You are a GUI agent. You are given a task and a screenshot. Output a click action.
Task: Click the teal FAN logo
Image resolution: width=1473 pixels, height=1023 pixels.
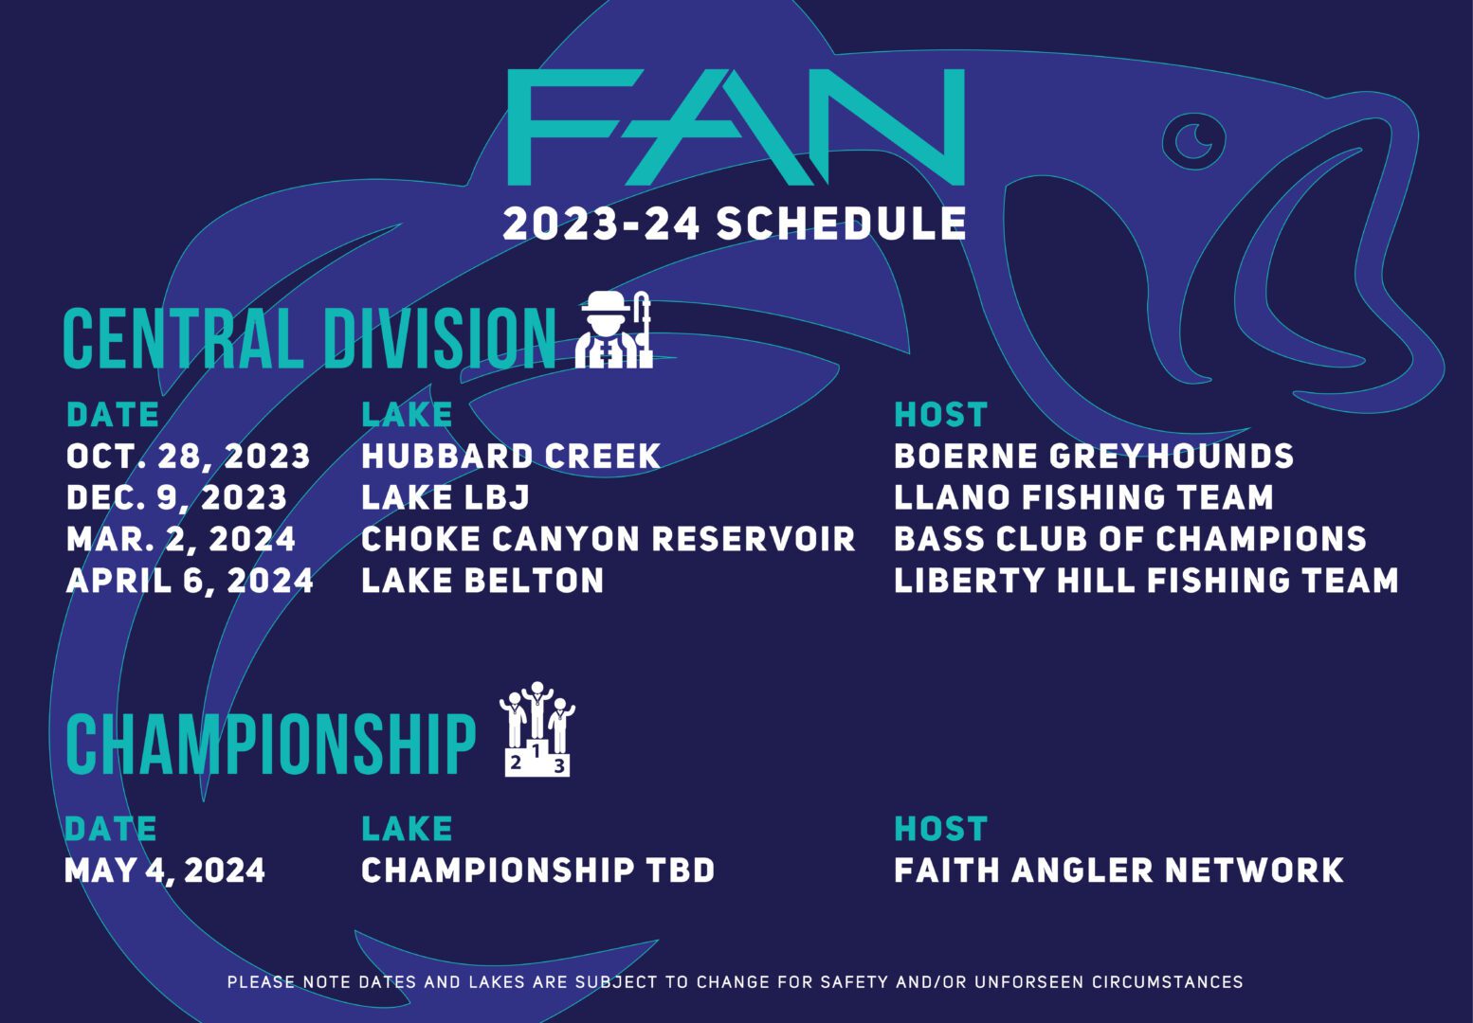pyautogui.click(x=736, y=127)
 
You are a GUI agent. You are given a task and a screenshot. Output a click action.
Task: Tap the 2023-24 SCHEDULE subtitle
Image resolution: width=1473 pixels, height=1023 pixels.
pyautogui.click(x=735, y=224)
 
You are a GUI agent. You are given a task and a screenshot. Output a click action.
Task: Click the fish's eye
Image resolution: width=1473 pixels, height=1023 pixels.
pyautogui.click(x=1193, y=140)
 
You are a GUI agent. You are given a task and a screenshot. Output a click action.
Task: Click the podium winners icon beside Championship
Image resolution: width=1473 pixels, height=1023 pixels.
pyautogui.click(x=537, y=728)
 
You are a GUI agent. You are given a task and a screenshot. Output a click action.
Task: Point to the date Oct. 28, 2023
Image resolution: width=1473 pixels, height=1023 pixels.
pyautogui.click(x=188, y=457)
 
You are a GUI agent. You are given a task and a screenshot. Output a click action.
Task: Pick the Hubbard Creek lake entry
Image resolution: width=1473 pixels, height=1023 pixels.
pyautogui.click(x=511, y=456)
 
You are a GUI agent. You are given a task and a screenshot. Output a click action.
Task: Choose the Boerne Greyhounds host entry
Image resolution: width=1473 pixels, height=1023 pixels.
pyautogui.click(x=1094, y=456)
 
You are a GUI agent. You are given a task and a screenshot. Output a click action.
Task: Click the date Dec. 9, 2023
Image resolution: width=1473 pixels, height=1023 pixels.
pyautogui.click(x=176, y=498)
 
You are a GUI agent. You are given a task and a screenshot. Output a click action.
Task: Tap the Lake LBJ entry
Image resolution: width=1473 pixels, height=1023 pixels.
pyautogui.click(x=446, y=497)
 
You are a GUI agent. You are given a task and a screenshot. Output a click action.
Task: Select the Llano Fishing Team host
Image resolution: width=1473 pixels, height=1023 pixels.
pyautogui.click(x=1083, y=497)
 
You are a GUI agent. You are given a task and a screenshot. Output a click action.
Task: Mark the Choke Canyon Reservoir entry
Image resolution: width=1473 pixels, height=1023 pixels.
pyautogui.click(x=609, y=539)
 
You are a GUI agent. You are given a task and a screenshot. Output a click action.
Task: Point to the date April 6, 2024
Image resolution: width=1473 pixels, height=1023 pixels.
pyautogui.click(x=190, y=581)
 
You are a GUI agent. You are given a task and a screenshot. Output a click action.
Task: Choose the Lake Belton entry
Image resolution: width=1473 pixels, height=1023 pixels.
pyautogui.click(x=482, y=580)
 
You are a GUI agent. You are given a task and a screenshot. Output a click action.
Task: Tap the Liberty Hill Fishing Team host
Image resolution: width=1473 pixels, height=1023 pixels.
pyautogui.click(x=1146, y=580)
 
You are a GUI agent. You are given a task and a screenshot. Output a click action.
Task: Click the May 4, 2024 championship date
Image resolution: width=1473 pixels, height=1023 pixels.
pyautogui.click(x=165, y=870)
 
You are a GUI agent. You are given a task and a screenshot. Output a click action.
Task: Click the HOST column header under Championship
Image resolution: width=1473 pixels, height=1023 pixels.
pyautogui.click(x=941, y=829)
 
